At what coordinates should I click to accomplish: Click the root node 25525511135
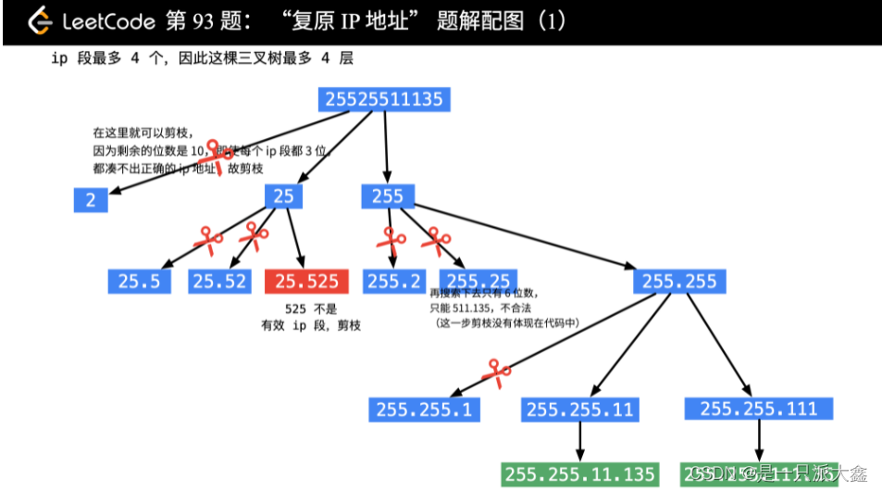pyautogui.click(x=383, y=98)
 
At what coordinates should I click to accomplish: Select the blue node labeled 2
pyautogui.click(x=91, y=199)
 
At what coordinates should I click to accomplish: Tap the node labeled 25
pyautogui.click(x=283, y=196)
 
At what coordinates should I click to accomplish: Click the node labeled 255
pyautogui.click(x=388, y=196)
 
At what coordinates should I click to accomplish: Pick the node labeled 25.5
pyautogui.click(x=139, y=281)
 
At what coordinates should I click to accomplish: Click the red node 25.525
pyautogui.click(x=306, y=281)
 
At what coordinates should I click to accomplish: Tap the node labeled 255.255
pyautogui.click(x=678, y=281)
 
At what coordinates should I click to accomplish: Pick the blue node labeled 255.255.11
pyautogui.click(x=580, y=409)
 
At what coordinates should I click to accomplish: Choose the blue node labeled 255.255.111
pyautogui.click(x=758, y=409)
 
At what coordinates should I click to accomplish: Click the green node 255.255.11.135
pyautogui.click(x=580, y=473)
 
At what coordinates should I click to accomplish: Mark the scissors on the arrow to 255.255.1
pyautogui.click(x=497, y=372)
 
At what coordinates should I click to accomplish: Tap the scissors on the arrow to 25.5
pyautogui.click(x=208, y=240)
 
